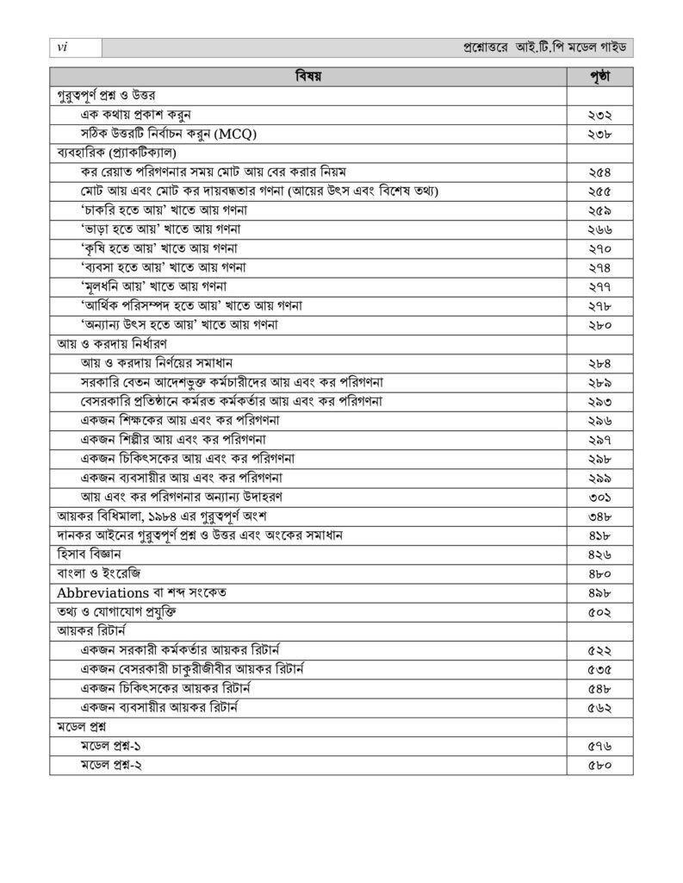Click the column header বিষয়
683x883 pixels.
[307, 76]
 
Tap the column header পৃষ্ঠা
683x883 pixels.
[599, 76]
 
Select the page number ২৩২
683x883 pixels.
[599, 114]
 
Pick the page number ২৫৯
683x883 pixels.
[599, 210]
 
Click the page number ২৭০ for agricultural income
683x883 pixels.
[599, 248]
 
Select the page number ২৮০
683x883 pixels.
[599, 324]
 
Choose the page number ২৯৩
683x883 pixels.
[599, 401]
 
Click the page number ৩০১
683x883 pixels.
[599, 497]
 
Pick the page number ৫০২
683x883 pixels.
[599, 611]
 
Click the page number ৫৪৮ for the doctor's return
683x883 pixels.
[599, 688]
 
